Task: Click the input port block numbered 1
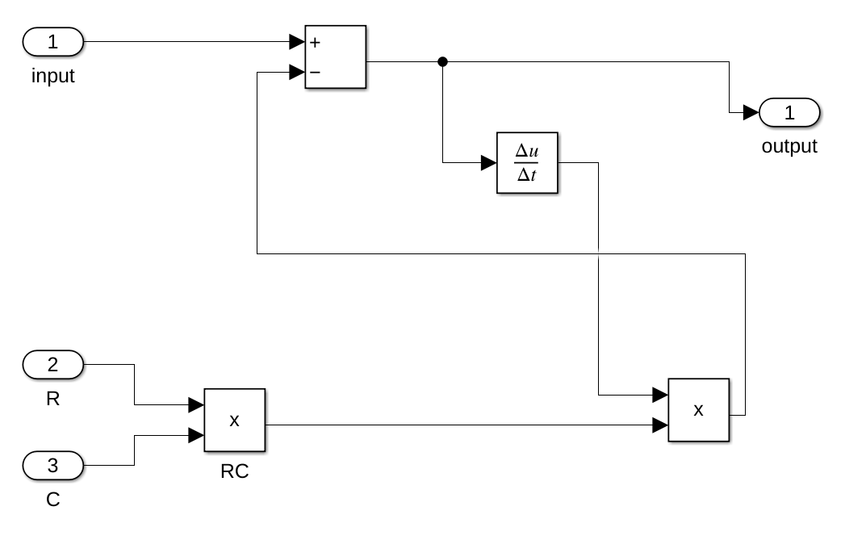pyautogui.click(x=52, y=42)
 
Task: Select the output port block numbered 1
pyautogui.click(x=789, y=113)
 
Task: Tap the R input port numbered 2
pyautogui.click(x=52, y=364)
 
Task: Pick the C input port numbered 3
pyautogui.click(x=52, y=465)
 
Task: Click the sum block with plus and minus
pyautogui.click(x=336, y=57)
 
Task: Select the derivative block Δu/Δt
pyautogui.click(x=527, y=163)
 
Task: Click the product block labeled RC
pyautogui.click(x=234, y=421)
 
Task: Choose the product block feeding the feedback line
pyautogui.click(x=698, y=410)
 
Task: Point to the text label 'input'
pyautogui.click(x=53, y=77)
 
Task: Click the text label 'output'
pyautogui.click(x=789, y=147)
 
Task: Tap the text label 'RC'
pyautogui.click(x=234, y=472)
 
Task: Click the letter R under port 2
pyautogui.click(x=52, y=399)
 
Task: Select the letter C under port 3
pyautogui.click(x=52, y=500)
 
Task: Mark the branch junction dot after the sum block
pyautogui.click(x=442, y=61)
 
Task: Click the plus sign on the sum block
pyautogui.click(x=315, y=42)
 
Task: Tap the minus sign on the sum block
pyautogui.click(x=315, y=73)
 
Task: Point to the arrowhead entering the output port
pyautogui.click(x=751, y=113)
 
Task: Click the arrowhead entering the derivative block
pyautogui.click(x=488, y=163)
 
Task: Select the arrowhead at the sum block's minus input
pyautogui.click(x=297, y=73)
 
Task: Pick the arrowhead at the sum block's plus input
pyautogui.click(x=297, y=42)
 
